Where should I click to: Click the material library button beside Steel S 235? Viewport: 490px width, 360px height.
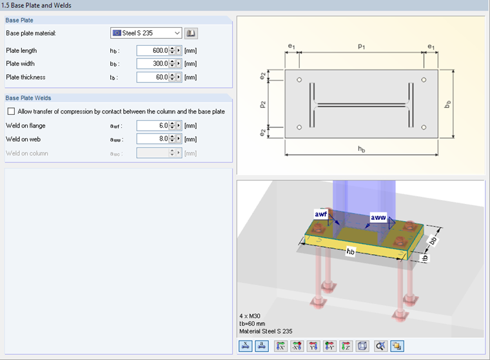pyautogui.click(x=191, y=33)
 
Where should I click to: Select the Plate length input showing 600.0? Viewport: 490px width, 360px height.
pyautogui.click(x=152, y=50)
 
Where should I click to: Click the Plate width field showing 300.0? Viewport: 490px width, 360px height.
pyautogui.click(x=152, y=64)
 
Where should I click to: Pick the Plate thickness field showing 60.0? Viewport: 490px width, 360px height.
pyautogui.click(x=152, y=77)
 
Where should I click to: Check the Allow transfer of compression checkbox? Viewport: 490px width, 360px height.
pyautogui.click(x=10, y=112)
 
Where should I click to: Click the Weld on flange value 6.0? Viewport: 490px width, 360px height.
pyautogui.click(x=152, y=126)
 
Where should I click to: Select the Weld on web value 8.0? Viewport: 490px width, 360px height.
pyautogui.click(x=152, y=139)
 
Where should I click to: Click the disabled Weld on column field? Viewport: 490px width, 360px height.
pyautogui.click(x=152, y=153)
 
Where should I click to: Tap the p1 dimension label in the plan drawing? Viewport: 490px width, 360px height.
pyautogui.click(x=361, y=47)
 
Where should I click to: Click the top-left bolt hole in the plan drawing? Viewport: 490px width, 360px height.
pyautogui.click(x=299, y=80)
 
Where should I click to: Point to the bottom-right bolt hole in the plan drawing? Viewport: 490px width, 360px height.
pyautogui.click(x=424, y=127)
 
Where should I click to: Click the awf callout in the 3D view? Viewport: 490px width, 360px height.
pyautogui.click(x=321, y=213)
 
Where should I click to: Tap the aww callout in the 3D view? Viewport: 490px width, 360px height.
pyautogui.click(x=378, y=218)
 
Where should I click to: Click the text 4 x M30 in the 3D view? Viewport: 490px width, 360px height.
pyautogui.click(x=251, y=316)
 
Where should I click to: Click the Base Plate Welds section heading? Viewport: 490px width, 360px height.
pyautogui.click(x=28, y=98)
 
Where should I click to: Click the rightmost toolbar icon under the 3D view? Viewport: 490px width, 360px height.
pyautogui.click(x=397, y=346)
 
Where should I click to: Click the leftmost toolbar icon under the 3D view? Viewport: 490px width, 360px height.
pyautogui.click(x=246, y=346)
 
